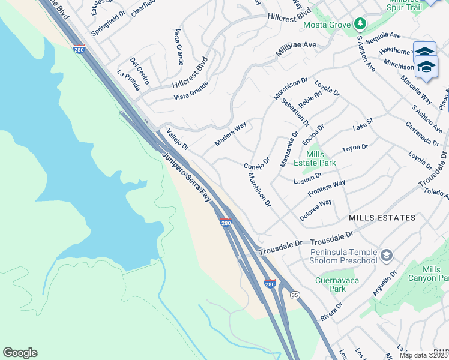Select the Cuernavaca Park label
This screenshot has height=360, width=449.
tap(330, 284)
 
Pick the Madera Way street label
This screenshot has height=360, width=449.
tap(231, 134)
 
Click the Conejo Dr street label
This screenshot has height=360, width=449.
tap(256, 162)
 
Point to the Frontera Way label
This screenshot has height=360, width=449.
tap(326, 188)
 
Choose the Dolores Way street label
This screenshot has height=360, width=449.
tap(316, 211)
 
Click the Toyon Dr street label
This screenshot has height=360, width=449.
tap(355, 147)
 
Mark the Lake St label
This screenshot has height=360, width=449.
tap(363, 124)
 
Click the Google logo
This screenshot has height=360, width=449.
tap(20, 353)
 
